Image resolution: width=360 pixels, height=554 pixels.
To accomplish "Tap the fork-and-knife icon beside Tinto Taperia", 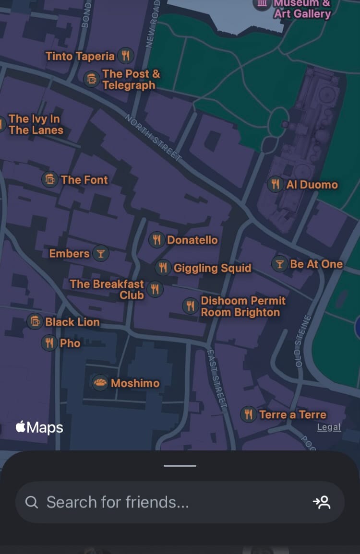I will click(126, 56).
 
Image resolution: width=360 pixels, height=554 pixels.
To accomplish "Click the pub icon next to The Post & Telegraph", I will click(92, 79).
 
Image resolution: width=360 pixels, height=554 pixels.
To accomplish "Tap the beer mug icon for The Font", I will click(50, 180).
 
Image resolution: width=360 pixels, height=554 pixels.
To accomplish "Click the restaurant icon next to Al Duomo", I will click(275, 184).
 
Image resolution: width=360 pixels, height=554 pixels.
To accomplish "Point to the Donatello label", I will click(192, 240).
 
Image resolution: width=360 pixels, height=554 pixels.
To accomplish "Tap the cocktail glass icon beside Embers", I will click(100, 253).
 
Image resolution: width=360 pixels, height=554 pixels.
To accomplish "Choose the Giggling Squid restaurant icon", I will click(163, 268).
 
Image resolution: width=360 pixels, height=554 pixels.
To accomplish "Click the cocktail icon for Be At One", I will click(279, 264).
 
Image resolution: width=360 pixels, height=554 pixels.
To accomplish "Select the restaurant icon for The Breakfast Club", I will click(155, 289).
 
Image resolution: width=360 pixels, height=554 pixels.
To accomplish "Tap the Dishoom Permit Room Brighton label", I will click(243, 306).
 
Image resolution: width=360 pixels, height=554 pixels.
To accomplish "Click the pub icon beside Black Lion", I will click(35, 321).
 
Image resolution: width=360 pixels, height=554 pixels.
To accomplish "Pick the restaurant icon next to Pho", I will click(49, 343).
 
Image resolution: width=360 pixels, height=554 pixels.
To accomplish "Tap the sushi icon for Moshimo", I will click(100, 383).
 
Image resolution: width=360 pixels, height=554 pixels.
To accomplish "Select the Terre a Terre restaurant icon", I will click(248, 414).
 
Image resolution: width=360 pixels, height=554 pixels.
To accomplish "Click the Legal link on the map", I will click(329, 427).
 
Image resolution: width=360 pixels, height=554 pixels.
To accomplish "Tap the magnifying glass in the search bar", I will click(32, 502).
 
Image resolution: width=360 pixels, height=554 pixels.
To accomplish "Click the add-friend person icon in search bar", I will click(322, 502).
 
